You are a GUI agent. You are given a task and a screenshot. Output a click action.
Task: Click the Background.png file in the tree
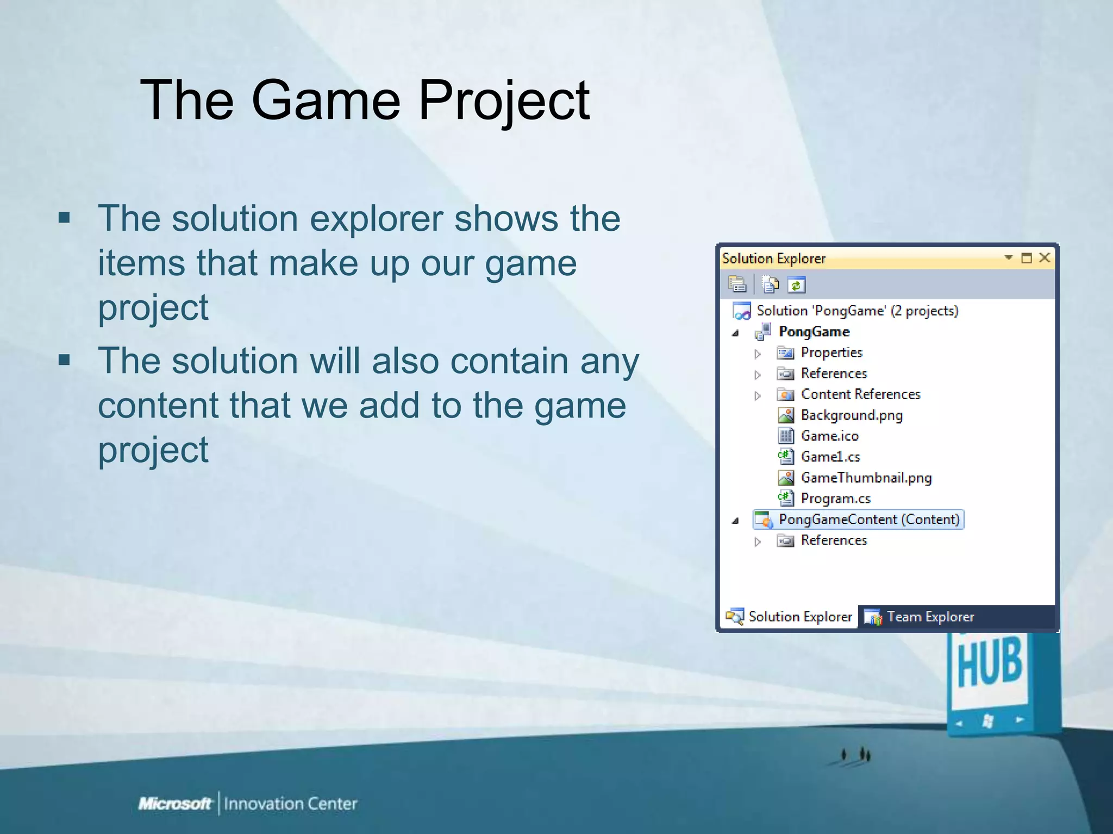click(x=851, y=415)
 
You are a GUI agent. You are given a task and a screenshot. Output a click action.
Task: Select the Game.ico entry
click(x=829, y=436)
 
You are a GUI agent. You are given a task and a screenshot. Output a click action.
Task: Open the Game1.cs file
click(x=830, y=457)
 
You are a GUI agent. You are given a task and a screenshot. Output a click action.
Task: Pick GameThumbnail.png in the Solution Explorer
click(x=866, y=478)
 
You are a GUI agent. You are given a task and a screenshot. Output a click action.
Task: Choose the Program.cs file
click(x=835, y=498)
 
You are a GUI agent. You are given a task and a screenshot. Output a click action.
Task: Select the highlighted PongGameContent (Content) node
click(x=868, y=520)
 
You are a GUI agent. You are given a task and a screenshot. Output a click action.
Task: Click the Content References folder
click(x=860, y=395)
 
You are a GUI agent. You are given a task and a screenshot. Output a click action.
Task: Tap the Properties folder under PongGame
click(x=831, y=353)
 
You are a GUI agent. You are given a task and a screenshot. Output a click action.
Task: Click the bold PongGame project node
click(x=814, y=332)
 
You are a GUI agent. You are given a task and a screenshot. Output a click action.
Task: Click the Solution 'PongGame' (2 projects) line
click(x=857, y=311)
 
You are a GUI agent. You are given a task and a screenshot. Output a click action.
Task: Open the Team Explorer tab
click(x=930, y=617)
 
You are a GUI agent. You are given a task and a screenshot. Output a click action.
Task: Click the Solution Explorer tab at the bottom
click(x=799, y=617)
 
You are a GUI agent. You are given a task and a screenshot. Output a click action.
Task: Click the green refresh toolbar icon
click(x=797, y=285)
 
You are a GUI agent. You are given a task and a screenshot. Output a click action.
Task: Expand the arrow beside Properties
click(x=758, y=354)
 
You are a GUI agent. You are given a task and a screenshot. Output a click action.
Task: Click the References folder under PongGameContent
click(x=834, y=541)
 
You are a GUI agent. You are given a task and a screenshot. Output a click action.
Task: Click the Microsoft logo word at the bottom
click(x=174, y=804)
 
